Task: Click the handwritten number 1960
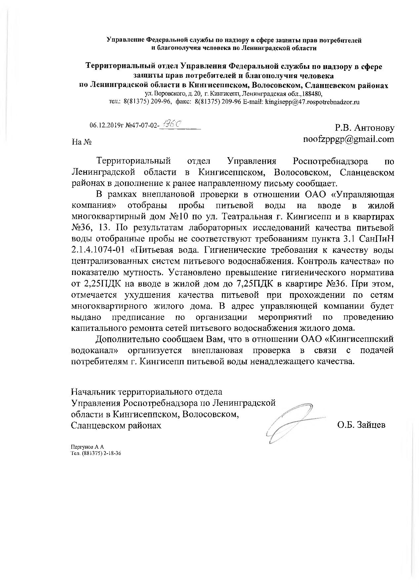coord(173,124)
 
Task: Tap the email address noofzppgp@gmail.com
coord(349,139)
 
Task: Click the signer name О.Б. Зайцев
coord(361,425)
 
